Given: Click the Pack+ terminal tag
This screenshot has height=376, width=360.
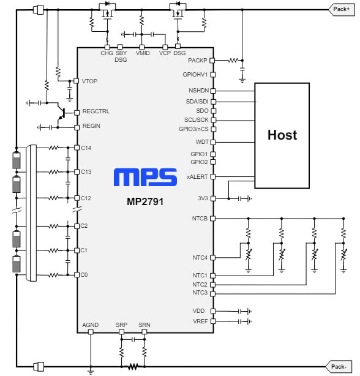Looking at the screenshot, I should [340, 9].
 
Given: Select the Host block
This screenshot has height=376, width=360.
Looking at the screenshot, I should [282, 135].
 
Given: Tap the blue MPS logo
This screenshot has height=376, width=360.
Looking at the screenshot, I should [145, 178].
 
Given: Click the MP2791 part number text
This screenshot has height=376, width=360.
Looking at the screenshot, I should [145, 200].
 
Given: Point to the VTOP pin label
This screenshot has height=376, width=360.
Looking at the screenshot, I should [89, 81].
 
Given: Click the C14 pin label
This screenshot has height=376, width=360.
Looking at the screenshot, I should [86, 148].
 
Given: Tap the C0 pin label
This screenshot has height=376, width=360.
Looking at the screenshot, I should [84, 275].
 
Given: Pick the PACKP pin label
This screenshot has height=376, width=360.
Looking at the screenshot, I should [198, 61].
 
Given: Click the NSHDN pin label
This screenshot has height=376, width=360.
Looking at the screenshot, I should [198, 90].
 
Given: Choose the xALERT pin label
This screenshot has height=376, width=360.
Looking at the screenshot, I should [198, 176].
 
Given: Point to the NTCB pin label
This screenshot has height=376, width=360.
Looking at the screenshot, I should [200, 218].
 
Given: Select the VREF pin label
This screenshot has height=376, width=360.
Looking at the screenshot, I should [200, 321].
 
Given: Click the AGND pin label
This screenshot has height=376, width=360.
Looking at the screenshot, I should [91, 325].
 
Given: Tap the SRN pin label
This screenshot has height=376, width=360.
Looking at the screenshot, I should [144, 325].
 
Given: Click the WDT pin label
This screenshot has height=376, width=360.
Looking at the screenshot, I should [201, 142].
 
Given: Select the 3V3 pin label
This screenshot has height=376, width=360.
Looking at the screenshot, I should [202, 198].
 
